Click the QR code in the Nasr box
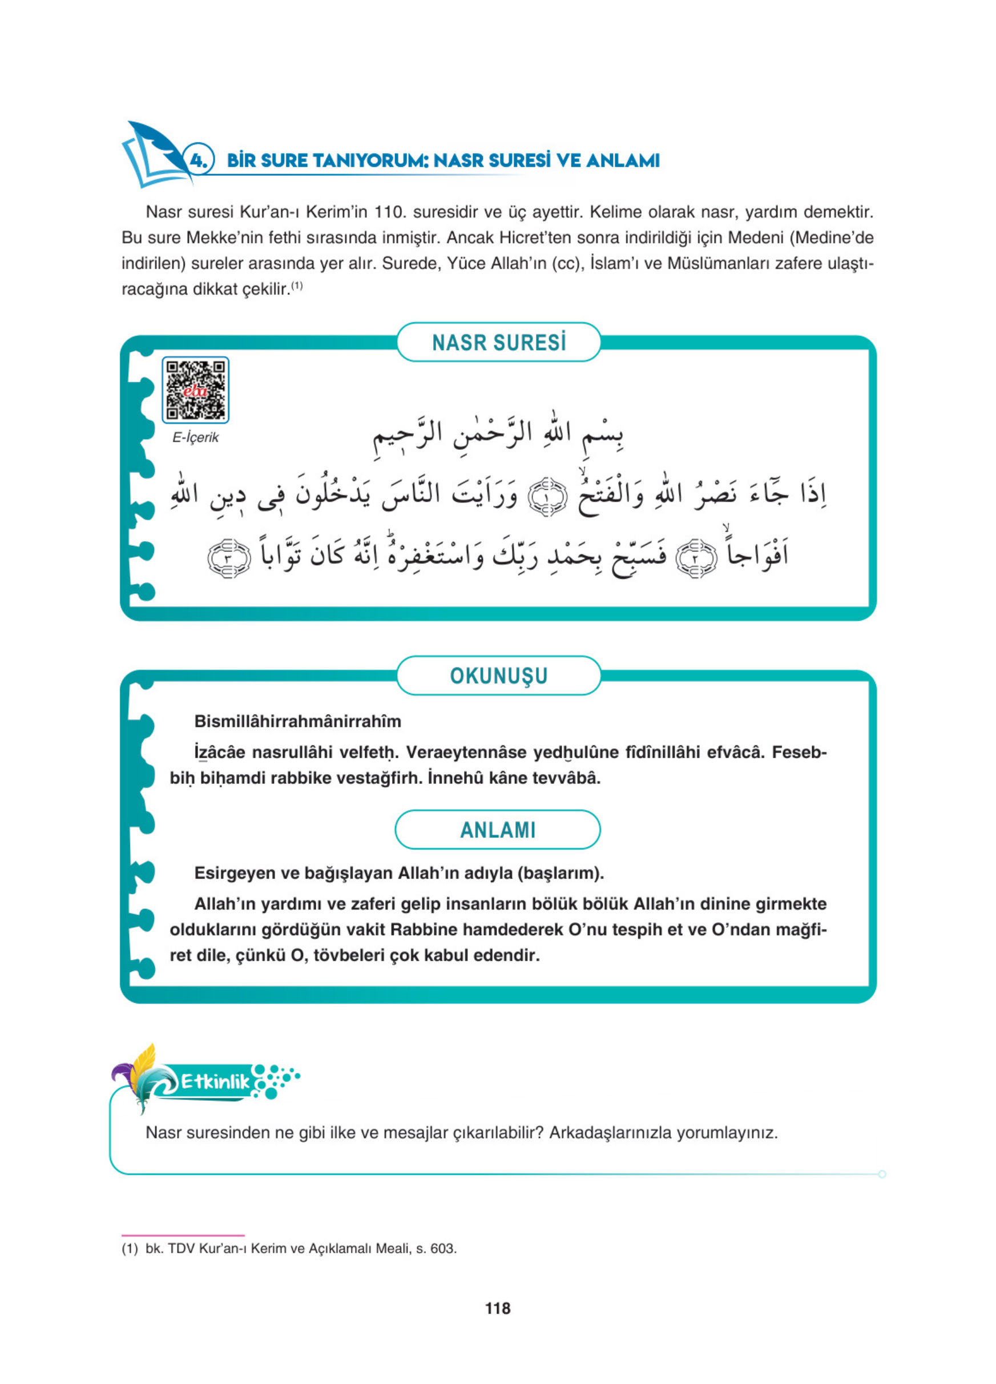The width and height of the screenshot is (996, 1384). click(195, 389)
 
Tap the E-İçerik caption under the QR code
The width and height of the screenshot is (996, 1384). click(195, 437)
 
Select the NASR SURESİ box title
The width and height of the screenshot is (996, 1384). click(498, 343)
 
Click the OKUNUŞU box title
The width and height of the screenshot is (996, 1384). click(498, 675)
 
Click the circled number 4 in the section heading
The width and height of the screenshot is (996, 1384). click(199, 160)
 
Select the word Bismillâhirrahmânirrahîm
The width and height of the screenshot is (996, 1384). click(297, 721)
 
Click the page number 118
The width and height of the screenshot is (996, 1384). click(498, 1307)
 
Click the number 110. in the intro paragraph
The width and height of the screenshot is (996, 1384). click(390, 212)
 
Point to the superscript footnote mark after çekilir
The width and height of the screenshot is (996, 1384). click(296, 285)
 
